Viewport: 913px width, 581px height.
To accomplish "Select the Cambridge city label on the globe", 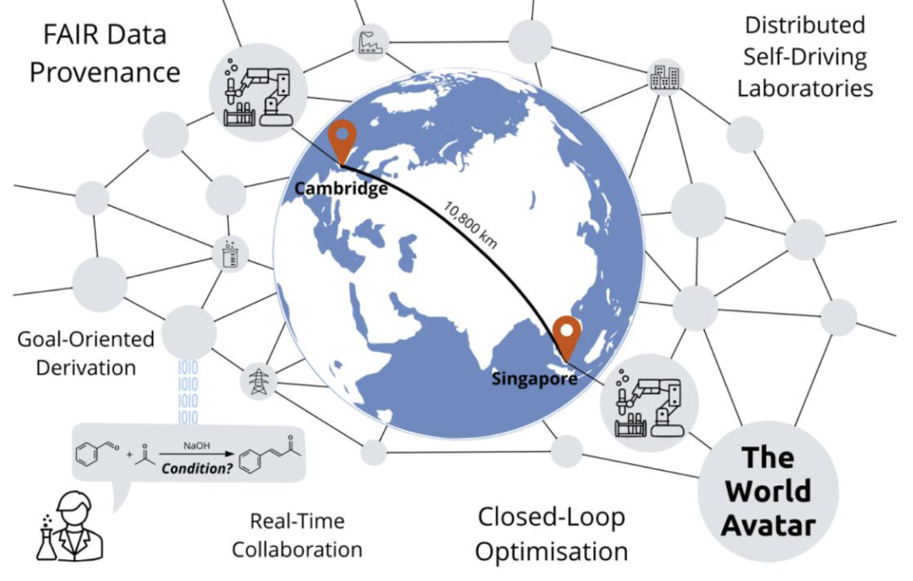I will pos(341,189).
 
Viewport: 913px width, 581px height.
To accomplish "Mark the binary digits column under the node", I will pos(188,391).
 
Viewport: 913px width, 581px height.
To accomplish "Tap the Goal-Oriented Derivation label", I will pos(85,353).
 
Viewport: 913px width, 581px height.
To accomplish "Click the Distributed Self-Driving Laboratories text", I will pos(804,56).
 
